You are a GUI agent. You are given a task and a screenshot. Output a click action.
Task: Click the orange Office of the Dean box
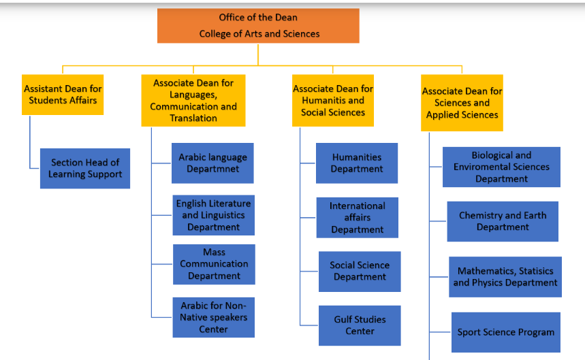click(258, 26)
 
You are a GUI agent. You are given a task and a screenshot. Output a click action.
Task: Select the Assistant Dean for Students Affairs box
click(63, 95)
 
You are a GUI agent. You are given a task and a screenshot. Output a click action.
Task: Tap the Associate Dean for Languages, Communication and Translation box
click(193, 101)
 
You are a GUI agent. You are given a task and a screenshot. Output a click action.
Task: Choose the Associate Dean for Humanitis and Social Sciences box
click(333, 101)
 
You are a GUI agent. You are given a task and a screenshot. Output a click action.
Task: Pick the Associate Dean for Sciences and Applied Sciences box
click(462, 103)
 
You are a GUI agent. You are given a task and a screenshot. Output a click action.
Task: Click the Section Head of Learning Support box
click(85, 169)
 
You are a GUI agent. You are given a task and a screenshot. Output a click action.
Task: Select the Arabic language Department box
click(212, 163)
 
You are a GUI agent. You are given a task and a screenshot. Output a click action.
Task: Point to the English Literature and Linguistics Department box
click(213, 215)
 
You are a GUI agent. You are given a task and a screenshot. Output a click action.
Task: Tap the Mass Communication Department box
click(214, 264)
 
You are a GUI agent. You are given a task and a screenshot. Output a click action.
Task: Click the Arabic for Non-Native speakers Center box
click(213, 317)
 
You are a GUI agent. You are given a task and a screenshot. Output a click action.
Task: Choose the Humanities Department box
click(357, 163)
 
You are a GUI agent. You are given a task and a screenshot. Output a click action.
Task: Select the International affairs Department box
click(358, 218)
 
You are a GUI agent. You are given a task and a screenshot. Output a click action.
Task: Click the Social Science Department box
click(360, 272)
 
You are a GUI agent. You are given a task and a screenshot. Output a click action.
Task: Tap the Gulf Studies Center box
click(360, 325)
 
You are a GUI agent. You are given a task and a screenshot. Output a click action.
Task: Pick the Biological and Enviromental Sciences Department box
click(501, 167)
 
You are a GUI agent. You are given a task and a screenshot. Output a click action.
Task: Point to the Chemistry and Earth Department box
click(503, 221)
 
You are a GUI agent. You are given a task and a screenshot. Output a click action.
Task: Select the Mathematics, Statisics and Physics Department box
click(505, 277)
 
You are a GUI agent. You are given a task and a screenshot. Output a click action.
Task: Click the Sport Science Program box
click(506, 332)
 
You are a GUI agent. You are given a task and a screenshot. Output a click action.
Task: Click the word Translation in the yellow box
click(193, 118)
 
